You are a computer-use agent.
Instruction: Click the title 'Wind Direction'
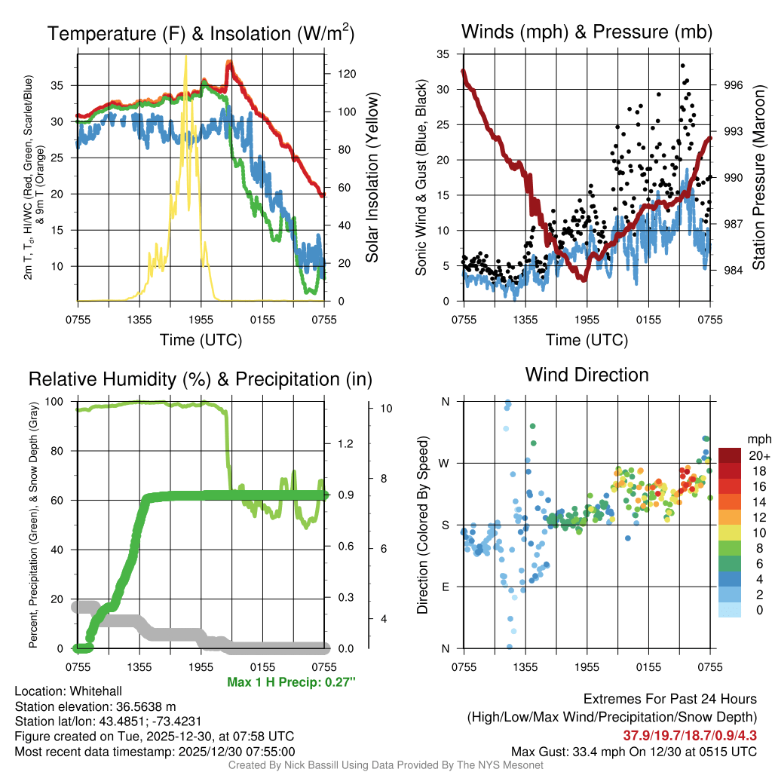click(x=587, y=375)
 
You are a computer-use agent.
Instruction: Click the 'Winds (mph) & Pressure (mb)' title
click(x=587, y=32)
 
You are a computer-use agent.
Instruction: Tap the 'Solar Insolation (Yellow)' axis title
click(x=372, y=178)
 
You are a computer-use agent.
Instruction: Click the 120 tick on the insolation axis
click(x=347, y=74)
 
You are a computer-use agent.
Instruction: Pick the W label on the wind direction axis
click(x=445, y=463)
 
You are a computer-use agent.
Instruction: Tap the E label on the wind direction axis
click(x=446, y=587)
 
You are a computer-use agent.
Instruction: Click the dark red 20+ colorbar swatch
click(x=731, y=455)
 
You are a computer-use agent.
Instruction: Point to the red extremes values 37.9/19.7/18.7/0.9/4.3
click(x=690, y=735)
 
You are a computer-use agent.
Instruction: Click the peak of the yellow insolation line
click(x=185, y=56)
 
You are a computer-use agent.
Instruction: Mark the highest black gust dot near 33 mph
click(x=682, y=66)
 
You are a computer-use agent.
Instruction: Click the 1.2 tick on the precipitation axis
click(x=348, y=444)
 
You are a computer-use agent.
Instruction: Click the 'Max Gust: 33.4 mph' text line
click(x=633, y=752)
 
